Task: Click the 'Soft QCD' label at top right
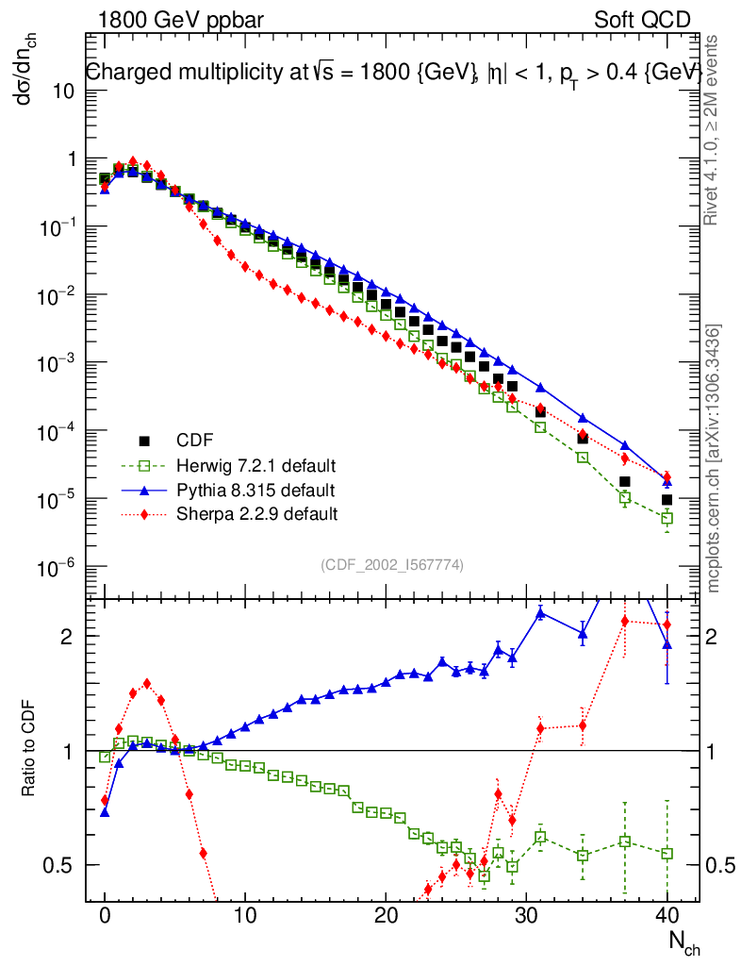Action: click(x=642, y=20)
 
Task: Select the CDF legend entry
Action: click(x=194, y=441)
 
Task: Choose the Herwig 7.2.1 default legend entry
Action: click(x=256, y=466)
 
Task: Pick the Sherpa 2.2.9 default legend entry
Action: click(x=257, y=514)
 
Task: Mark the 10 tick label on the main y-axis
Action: click(x=64, y=92)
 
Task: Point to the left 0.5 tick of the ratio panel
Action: click(x=61, y=865)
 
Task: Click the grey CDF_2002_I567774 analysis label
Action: click(x=391, y=565)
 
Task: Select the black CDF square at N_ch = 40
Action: click(x=667, y=500)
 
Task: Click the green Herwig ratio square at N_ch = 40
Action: click(x=667, y=854)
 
